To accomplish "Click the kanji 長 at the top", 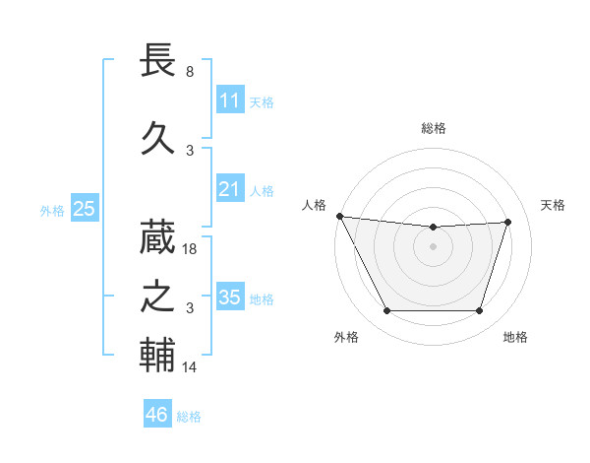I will [x=158, y=62].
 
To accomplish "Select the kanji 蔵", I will [x=158, y=236].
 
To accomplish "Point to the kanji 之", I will [x=158, y=297].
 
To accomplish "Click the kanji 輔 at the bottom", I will [x=158, y=356].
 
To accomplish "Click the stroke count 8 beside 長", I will [x=190, y=72].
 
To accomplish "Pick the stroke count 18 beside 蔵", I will [x=191, y=250].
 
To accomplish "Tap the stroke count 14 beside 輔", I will [x=191, y=367].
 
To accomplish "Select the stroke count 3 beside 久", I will [x=190, y=151].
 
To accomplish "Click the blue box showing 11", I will [x=229, y=100].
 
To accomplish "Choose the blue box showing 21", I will [x=229, y=189].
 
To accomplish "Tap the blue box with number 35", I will [x=229, y=298].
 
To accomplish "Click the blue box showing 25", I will [x=84, y=209].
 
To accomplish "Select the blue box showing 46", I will [x=157, y=415].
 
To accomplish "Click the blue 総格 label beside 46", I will [x=189, y=417].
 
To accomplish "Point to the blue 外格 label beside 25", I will [x=52, y=210].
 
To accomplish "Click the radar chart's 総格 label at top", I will [x=434, y=128].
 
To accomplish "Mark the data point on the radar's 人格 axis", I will [x=340, y=216].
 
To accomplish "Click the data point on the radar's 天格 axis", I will [x=508, y=222].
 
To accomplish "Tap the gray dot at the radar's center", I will [x=434, y=246].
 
